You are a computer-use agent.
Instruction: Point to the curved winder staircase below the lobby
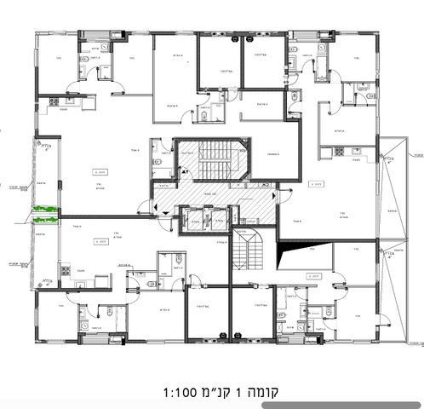253,248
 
